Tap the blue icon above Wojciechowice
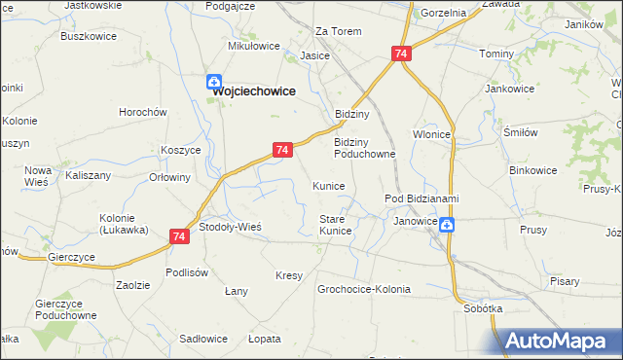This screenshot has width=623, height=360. (213, 84)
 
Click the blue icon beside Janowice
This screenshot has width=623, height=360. (446, 226)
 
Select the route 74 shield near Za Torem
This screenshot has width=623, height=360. (401, 55)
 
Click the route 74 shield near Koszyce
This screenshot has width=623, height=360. (281, 150)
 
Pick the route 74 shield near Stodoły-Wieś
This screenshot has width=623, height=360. (179, 236)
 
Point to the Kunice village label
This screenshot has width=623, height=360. (328, 185)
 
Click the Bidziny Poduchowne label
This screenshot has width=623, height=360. (364, 147)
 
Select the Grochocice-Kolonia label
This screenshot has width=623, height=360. (364, 289)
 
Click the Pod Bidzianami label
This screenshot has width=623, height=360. (421, 199)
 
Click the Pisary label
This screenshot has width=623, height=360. (564, 281)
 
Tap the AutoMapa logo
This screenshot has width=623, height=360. (560, 341)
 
